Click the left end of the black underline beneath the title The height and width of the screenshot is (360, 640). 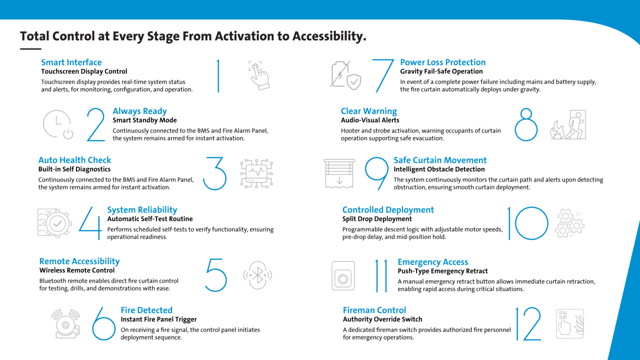[x=20, y=49]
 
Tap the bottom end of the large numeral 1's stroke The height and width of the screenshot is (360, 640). [x=218, y=92]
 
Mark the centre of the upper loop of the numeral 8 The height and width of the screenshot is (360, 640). [x=526, y=113]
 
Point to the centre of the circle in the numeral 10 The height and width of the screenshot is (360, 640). [x=531, y=223]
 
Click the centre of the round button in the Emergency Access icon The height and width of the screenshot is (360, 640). [x=343, y=279]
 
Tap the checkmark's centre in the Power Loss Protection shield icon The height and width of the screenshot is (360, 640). [x=354, y=82]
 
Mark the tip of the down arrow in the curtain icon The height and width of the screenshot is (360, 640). [x=339, y=183]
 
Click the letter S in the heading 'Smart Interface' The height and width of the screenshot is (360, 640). [x=43, y=62]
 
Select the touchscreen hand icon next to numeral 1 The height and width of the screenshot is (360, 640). [x=259, y=75]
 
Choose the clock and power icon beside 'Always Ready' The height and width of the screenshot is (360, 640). [x=58, y=124]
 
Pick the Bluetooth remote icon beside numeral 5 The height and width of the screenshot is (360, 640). [x=257, y=275]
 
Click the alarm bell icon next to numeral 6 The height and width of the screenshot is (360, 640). [x=66, y=323]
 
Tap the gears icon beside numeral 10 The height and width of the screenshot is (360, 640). [x=569, y=223]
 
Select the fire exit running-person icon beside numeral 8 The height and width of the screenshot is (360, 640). [x=568, y=124]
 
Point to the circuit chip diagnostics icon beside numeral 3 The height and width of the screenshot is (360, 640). [x=256, y=173]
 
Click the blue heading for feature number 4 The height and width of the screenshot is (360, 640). [x=142, y=209]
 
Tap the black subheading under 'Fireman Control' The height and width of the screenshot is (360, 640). [x=382, y=319]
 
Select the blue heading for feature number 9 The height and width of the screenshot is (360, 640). [x=440, y=160]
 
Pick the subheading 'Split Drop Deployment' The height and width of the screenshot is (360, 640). [x=377, y=219]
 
